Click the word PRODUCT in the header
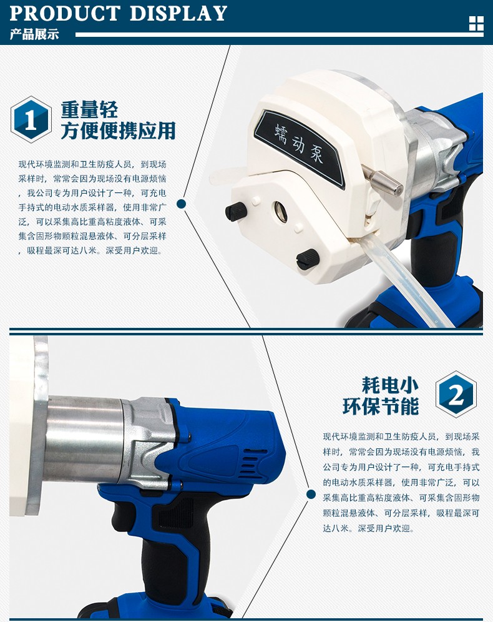pos(65,13)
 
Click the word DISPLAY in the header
pos(178,13)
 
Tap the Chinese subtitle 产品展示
pos(34,34)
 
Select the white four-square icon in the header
pos(476,23)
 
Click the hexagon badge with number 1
pos(31,119)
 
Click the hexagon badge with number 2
pos(456,394)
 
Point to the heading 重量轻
pos(89,109)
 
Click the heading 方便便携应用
pos(118,131)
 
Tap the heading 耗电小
pos(390,385)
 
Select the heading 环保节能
pos(381,406)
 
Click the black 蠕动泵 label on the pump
pos(300,147)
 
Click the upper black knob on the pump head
pos(236,211)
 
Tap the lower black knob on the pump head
pos(308,259)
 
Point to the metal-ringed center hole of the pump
pos(280,210)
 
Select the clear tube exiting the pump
pos(408,282)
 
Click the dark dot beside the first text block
pos(181,204)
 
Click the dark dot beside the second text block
pos(311,494)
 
